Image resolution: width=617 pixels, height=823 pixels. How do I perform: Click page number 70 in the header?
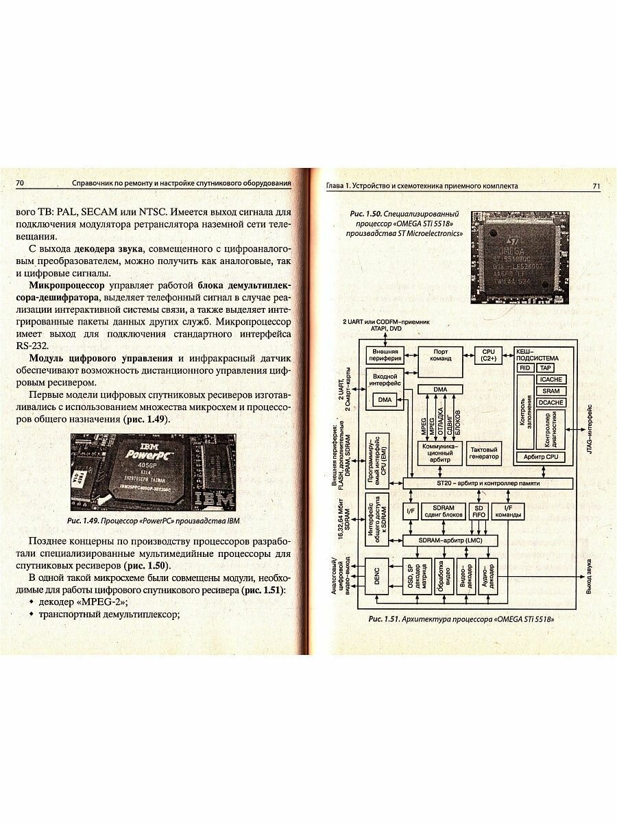tap(20, 183)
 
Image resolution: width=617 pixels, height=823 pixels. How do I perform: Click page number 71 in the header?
tap(596, 186)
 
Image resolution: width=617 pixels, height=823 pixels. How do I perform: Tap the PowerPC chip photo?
tap(154, 472)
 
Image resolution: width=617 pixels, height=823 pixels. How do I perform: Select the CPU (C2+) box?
tap(488, 355)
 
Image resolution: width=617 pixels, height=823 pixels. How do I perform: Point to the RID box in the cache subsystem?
tap(525, 368)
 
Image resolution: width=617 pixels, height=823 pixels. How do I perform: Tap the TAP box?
tap(546, 368)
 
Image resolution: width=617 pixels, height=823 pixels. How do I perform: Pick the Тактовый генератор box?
tap(484, 453)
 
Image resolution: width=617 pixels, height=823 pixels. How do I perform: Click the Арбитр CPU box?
tap(540, 457)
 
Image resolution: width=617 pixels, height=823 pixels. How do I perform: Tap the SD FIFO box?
tap(479, 511)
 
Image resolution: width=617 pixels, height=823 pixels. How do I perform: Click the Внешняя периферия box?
tap(385, 355)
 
